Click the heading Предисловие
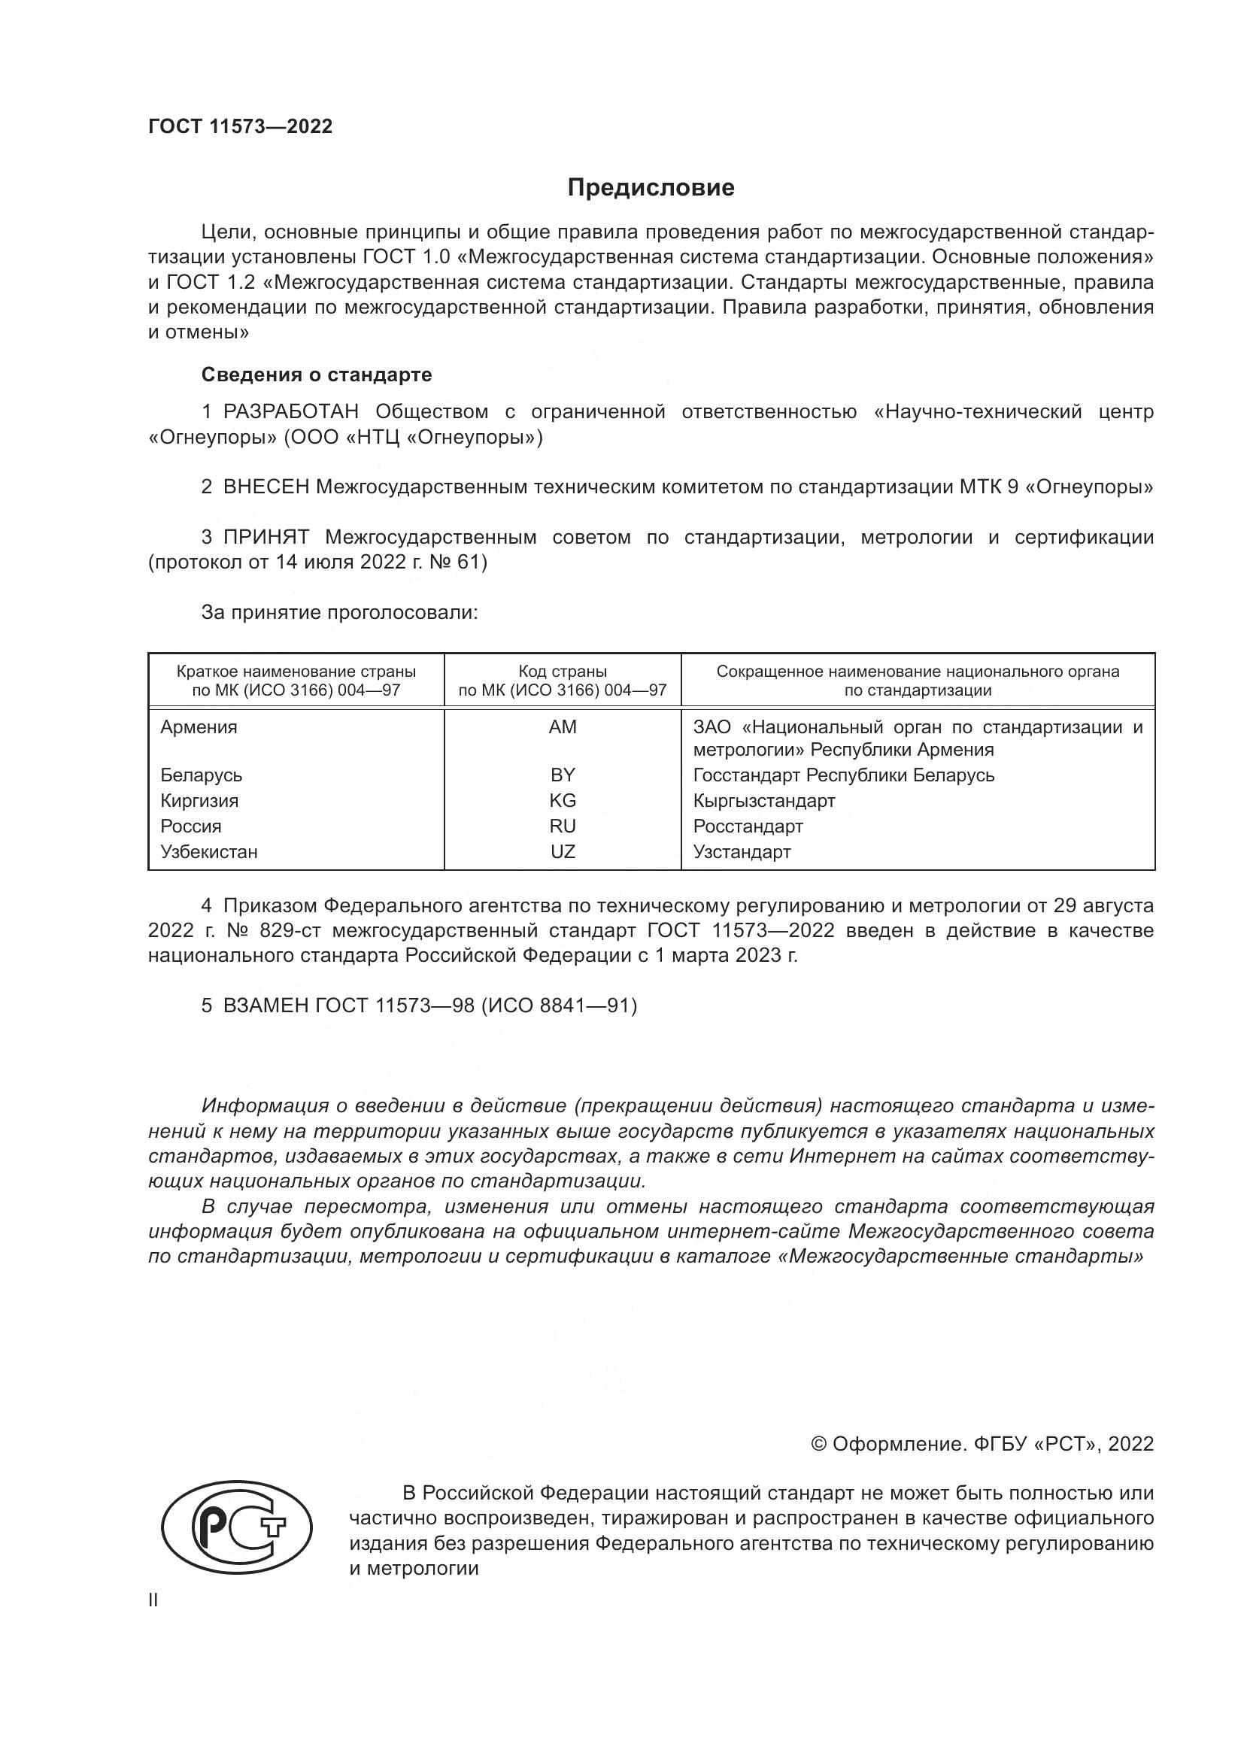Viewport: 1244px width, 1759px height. pyautogui.click(x=651, y=188)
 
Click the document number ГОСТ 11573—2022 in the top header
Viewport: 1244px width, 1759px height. pyautogui.click(x=240, y=126)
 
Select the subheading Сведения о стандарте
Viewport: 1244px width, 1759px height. pyautogui.click(x=317, y=375)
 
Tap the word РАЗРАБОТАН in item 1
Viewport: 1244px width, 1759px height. pyautogui.click(x=291, y=412)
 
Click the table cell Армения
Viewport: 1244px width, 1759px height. pyautogui.click(x=199, y=727)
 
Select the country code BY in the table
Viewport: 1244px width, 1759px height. pyautogui.click(x=563, y=775)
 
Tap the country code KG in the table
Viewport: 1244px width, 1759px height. pyautogui.click(x=563, y=801)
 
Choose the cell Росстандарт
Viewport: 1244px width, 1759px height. pyautogui.click(x=748, y=826)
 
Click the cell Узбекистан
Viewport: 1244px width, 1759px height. pyautogui.click(x=208, y=852)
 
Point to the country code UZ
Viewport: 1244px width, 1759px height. pyautogui.click(x=563, y=852)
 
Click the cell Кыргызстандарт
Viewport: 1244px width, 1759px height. pyautogui.click(x=763, y=801)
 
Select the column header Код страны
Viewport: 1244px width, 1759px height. pyautogui.click(x=563, y=672)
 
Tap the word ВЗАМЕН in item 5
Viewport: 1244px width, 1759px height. pyautogui.click(x=265, y=1005)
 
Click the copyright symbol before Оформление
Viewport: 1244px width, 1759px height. pyautogui.click(x=818, y=1444)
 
